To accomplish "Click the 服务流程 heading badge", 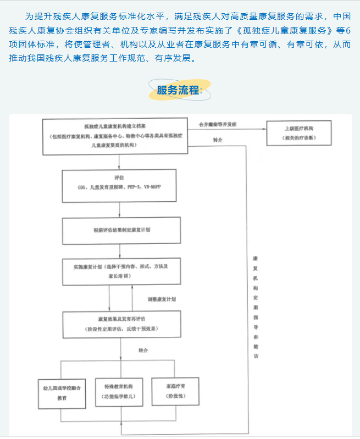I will [179, 90].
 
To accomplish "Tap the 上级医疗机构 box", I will [299, 132].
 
